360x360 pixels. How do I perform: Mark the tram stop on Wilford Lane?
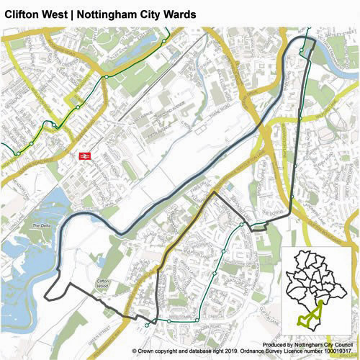pos(300,118)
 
